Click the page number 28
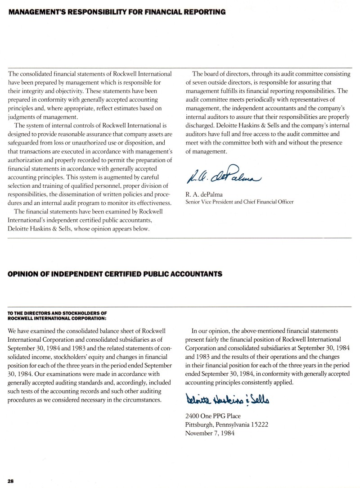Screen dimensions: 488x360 11,481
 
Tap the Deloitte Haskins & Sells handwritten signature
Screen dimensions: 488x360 219,398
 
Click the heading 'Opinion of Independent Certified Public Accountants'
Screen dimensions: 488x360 115,274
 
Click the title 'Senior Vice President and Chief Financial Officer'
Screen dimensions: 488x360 239,202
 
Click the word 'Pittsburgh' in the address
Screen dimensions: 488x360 199,425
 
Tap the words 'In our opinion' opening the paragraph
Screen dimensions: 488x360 210,330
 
